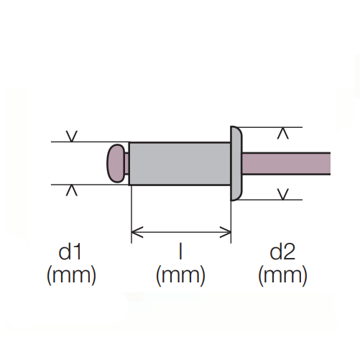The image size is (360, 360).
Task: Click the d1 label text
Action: tap(70, 252)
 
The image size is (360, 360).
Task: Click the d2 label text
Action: tap(282, 252)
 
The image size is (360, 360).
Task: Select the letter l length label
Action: tap(180, 252)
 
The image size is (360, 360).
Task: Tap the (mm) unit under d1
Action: tap(71, 275)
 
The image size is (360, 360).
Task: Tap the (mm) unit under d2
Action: tap(282, 275)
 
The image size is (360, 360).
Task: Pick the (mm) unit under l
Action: tap(180, 275)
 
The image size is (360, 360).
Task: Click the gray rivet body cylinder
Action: tap(180, 164)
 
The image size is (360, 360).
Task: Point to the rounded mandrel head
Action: tap(116, 163)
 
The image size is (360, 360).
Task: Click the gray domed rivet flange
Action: tap(236, 163)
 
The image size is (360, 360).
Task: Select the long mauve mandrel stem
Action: tap(286, 163)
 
